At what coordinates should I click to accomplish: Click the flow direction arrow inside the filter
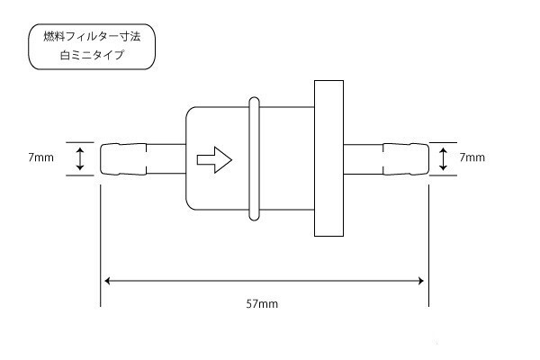point(213,160)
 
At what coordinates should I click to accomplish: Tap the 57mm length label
point(261,303)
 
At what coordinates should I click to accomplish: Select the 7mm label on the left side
point(40,157)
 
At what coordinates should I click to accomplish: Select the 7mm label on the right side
point(472,157)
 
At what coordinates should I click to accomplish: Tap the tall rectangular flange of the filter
point(328,158)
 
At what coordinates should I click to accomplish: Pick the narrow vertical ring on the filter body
point(255,158)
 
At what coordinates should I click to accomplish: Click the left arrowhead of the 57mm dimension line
point(110,281)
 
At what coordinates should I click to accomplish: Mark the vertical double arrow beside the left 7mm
point(80,159)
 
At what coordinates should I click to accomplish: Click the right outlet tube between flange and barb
point(364,159)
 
